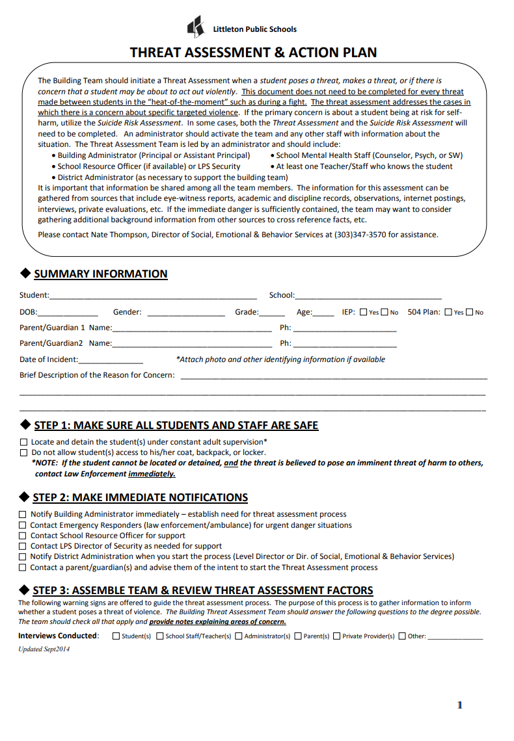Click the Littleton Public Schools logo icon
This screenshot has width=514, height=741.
(x=195, y=27)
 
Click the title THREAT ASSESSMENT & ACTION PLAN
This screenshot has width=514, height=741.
(x=253, y=53)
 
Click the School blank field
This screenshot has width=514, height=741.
(x=368, y=296)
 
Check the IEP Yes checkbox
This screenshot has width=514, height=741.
(x=363, y=313)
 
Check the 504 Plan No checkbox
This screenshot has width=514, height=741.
(x=470, y=313)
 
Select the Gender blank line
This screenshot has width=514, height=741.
(x=185, y=313)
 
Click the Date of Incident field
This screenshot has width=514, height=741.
(x=110, y=360)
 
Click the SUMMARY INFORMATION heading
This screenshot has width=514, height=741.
(x=100, y=274)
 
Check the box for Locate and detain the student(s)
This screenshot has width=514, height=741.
(x=24, y=442)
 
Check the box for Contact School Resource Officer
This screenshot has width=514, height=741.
(x=23, y=536)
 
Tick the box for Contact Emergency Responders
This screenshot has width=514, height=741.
(x=23, y=526)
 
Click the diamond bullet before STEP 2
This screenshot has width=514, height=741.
(x=25, y=497)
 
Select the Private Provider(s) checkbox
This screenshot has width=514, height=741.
(x=336, y=636)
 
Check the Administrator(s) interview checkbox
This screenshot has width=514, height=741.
(x=239, y=636)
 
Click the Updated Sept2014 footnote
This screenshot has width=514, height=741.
(x=44, y=649)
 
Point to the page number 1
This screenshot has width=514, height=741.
(x=459, y=705)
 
